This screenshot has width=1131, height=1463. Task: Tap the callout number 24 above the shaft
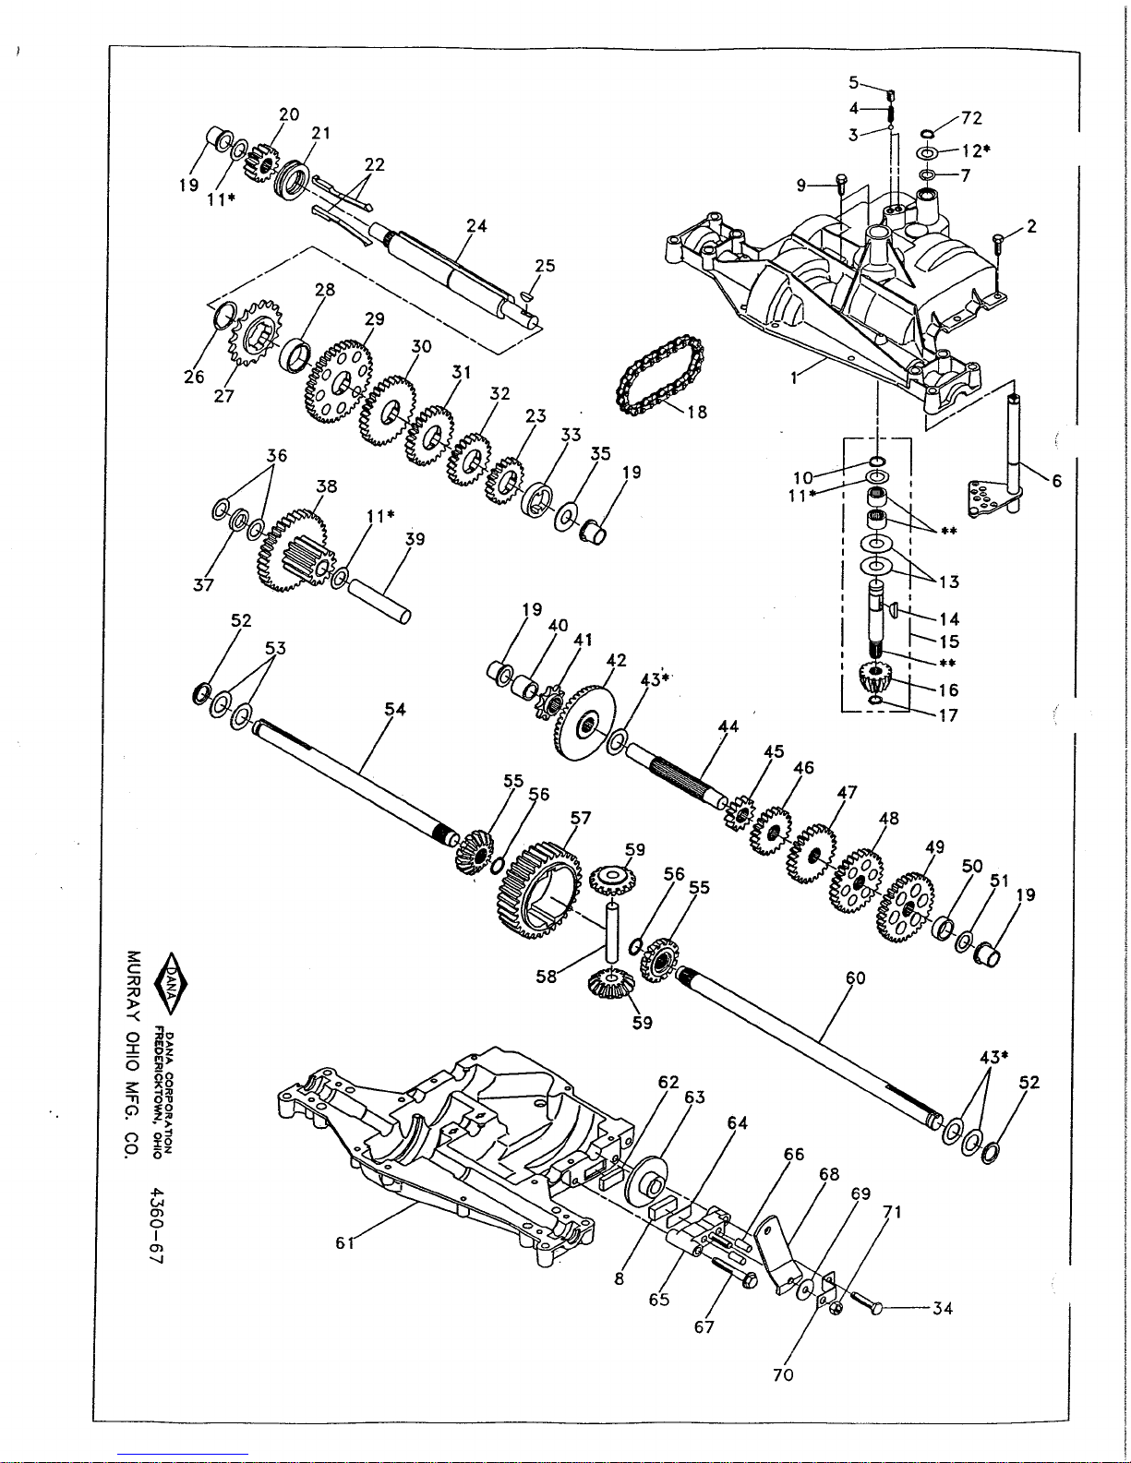tap(476, 225)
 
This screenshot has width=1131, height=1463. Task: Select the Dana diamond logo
tap(171, 984)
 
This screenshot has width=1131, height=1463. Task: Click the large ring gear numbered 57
tap(538, 890)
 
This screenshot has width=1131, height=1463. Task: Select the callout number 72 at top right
tap(972, 118)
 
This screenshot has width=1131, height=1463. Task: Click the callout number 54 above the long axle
tap(395, 709)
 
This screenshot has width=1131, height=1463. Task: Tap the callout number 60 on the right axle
tap(855, 977)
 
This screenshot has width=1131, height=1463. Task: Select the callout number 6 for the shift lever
tap(1057, 481)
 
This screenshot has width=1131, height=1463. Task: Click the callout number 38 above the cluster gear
tap(327, 486)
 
